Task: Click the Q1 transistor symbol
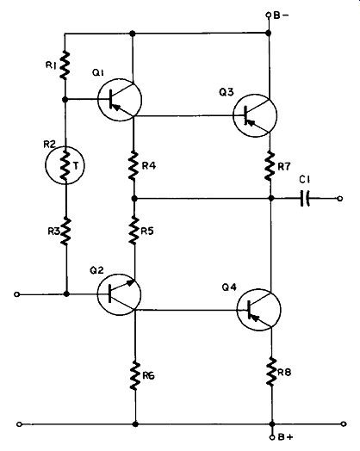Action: (x=120, y=100)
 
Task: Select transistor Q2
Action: (x=119, y=294)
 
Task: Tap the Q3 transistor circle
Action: (x=255, y=115)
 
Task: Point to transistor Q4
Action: (x=258, y=310)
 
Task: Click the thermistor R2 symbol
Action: (x=65, y=165)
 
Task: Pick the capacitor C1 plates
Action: (x=305, y=198)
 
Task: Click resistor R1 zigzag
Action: (x=65, y=65)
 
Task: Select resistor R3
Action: (x=66, y=232)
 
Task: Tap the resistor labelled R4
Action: (x=133, y=166)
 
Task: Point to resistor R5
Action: (x=134, y=231)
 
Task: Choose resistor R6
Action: (x=135, y=376)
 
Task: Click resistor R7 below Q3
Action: (x=270, y=166)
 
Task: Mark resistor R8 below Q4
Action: (x=271, y=372)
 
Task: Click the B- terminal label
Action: (x=281, y=15)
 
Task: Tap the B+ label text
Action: (x=285, y=437)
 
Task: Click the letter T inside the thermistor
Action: (x=76, y=166)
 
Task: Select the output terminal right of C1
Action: (x=340, y=198)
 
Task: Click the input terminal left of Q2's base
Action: (x=17, y=294)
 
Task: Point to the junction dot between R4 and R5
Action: (x=134, y=198)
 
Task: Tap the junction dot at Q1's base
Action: (x=65, y=100)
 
